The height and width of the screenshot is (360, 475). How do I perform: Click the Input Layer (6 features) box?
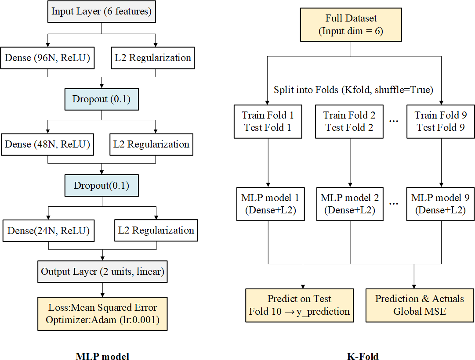[102, 11]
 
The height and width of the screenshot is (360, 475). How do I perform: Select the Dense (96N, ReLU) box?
[48, 58]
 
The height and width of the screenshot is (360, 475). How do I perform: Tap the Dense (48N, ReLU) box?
[48, 144]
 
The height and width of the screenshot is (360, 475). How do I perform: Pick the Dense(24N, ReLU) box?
[48, 230]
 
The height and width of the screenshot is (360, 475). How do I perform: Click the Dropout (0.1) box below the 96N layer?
[102, 99]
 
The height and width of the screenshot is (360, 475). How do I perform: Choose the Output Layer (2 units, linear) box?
[102, 272]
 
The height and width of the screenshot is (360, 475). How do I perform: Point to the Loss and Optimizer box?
[102, 314]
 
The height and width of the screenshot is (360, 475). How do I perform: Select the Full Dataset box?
[351, 25]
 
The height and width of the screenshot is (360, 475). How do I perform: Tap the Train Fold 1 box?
[268, 122]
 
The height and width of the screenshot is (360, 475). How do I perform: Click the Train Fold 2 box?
[350, 122]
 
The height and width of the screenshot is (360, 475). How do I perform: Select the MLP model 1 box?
[268, 204]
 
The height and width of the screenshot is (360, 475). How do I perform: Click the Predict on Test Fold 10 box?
[299, 305]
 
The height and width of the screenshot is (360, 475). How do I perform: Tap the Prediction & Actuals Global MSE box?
[420, 305]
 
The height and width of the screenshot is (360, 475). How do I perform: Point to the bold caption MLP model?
[102, 356]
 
